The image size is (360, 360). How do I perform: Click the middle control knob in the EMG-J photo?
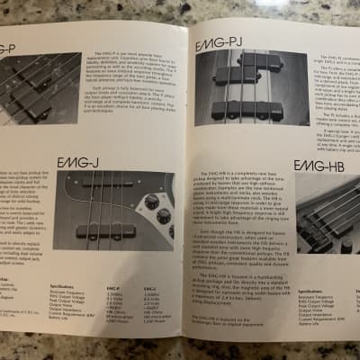tap(163, 217)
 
